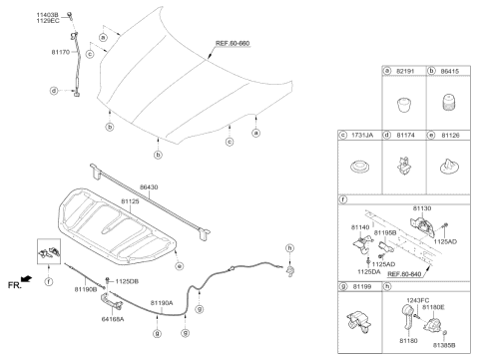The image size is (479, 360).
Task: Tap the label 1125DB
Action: coord(127,280)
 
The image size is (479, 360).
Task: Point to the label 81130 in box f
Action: coord(424,209)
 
